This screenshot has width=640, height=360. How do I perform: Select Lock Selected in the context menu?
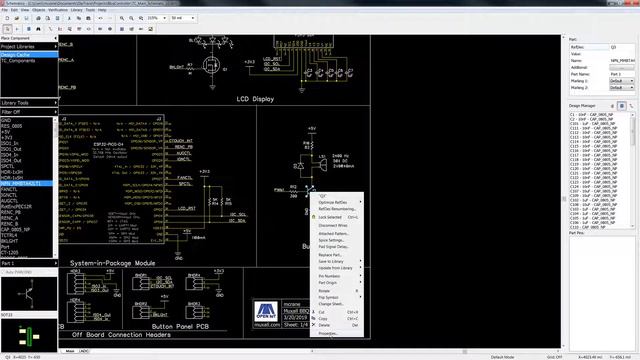[x=330, y=216]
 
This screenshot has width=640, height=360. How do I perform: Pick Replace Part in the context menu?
[x=330, y=255]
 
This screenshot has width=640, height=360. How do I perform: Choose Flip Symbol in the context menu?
[x=329, y=295]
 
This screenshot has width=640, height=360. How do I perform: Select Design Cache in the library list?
[x=17, y=55]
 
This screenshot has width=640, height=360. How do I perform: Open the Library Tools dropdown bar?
[x=28, y=103]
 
